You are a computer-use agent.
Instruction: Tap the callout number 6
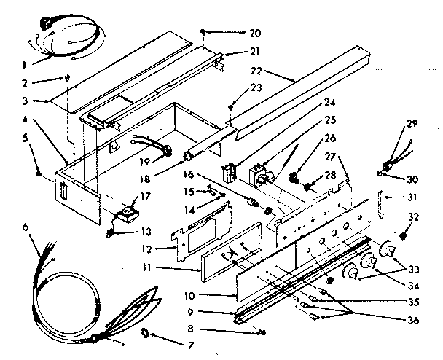[x=27, y=228]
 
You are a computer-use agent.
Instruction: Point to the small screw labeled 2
[x=68, y=78]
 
